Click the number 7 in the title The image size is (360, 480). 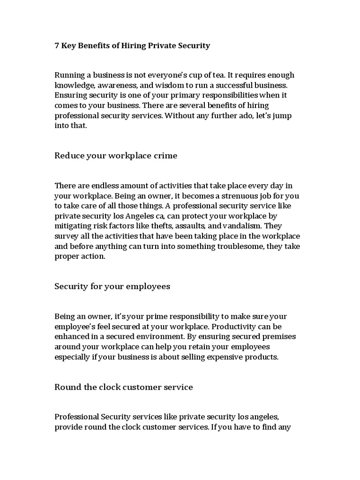click(57, 45)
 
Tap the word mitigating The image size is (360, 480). click(73, 225)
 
